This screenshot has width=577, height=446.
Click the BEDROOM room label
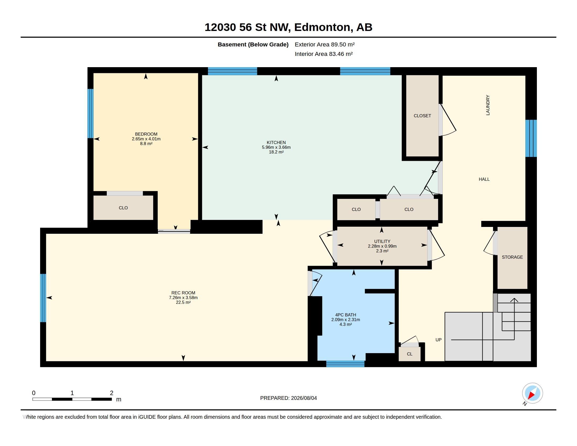[x=146, y=134]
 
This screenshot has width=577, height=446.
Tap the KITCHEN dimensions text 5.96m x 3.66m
[x=276, y=147]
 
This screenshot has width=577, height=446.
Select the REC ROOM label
[x=183, y=293]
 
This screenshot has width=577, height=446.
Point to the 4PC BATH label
[x=346, y=315]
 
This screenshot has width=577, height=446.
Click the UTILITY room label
[x=382, y=241]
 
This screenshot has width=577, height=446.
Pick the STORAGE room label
[x=512, y=257]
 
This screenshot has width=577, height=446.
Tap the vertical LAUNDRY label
[x=488, y=105]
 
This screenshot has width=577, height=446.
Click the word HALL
[x=484, y=179]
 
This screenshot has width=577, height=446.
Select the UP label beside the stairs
[x=438, y=340]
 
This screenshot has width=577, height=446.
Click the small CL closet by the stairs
[x=409, y=354]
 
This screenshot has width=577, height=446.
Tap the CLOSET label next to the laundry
[x=422, y=116]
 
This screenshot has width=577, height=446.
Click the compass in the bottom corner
[x=532, y=393]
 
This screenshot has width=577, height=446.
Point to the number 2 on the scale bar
[x=111, y=393]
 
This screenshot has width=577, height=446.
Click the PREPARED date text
[x=288, y=398]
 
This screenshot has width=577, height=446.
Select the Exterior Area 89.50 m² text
[x=324, y=44]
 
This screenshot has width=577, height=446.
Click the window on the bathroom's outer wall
[x=345, y=364]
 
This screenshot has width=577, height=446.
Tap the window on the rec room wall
[x=43, y=298]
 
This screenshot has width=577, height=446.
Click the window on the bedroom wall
[x=90, y=113]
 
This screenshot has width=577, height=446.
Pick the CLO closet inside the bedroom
[x=123, y=208]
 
